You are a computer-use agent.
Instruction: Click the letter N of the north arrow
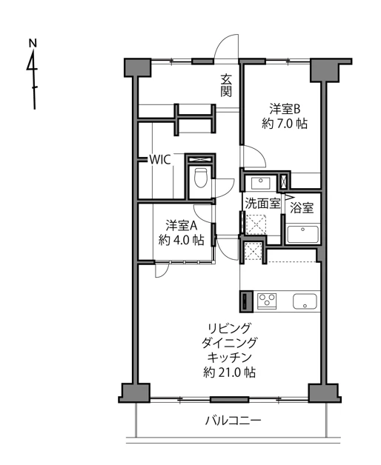coord(33,43)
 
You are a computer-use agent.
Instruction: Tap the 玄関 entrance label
coord(227,85)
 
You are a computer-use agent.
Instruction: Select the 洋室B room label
coord(284,108)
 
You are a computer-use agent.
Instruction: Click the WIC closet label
coord(161,159)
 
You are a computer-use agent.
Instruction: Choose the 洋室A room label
coord(180,224)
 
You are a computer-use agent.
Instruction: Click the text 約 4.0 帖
coord(180,240)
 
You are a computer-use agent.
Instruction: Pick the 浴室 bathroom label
coord(302,208)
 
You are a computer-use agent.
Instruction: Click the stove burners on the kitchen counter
coord(266,300)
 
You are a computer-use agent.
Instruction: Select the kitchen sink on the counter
coord(305,301)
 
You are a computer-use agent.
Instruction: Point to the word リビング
coord(229,328)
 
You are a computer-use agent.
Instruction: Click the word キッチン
coord(230,357)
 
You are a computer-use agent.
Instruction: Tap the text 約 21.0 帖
coord(230,372)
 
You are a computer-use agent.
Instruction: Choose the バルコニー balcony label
coord(233,421)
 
